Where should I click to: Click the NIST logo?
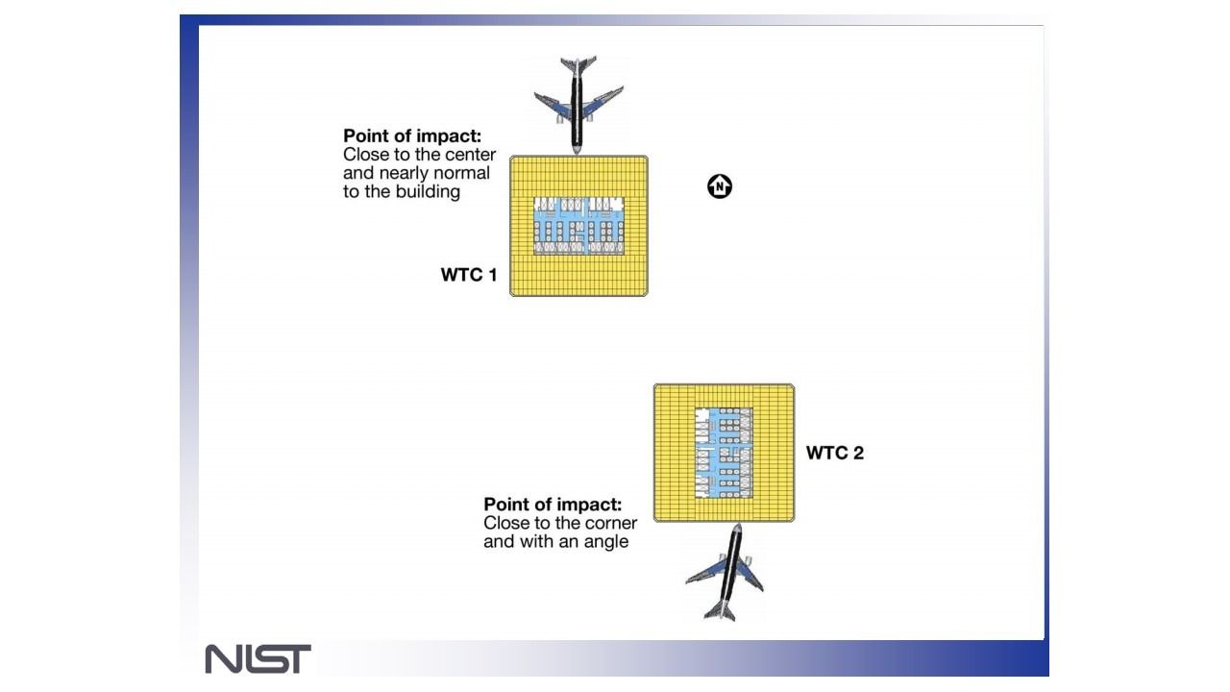[x=258, y=658]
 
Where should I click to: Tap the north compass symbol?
[x=720, y=186]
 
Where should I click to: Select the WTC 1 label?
[x=468, y=275]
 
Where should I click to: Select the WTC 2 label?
[x=835, y=453]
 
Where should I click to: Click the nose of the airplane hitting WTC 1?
[x=576, y=150]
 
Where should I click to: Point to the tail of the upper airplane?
[x=578, y=63]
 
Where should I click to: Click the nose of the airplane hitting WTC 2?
[x=737, y=528]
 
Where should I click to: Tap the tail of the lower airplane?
[x=720, y=610]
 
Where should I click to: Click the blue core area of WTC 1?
[x=578, y=226]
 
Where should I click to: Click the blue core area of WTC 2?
[x=724, y=453]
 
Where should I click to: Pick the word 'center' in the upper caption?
[x=471, y=155]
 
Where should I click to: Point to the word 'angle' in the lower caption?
[x=604, y=542]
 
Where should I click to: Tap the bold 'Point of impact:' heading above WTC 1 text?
[x=412, y=136]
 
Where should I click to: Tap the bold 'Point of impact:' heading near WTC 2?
[x=553, y=505]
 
